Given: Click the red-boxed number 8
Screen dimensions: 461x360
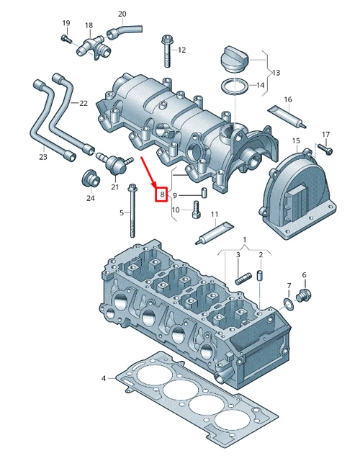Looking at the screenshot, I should click(x=162, y=194).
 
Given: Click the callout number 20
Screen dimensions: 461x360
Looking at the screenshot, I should click(x=122, y=14).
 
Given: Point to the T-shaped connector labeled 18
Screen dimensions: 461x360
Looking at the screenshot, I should click(x=91, y=48).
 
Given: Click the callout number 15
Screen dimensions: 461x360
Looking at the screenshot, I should click(x=295, y=140).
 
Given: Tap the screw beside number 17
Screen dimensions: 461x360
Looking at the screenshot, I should click(x=323, y=149).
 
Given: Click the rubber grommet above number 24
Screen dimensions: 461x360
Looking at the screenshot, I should click(x=90, y=177).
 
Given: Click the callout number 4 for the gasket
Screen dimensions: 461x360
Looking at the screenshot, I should click(x=104, y=377).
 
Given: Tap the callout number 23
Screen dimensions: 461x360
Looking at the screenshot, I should click(x=42, y=157).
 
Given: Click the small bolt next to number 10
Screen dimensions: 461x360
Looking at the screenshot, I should click(x=197, y=211).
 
